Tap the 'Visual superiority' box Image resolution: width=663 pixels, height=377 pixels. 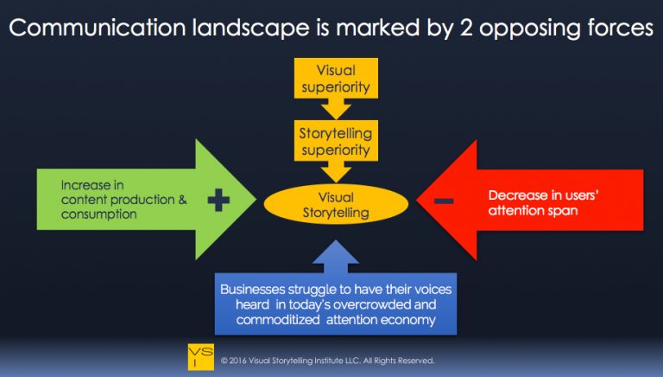pos(334,77)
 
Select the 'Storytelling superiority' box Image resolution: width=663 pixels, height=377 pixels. pos(334,142)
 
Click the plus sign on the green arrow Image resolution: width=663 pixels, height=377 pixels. pos(218,201)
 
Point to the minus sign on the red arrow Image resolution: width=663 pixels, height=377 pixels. pos(444,201)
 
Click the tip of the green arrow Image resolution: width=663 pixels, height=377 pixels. pos(256,200)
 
